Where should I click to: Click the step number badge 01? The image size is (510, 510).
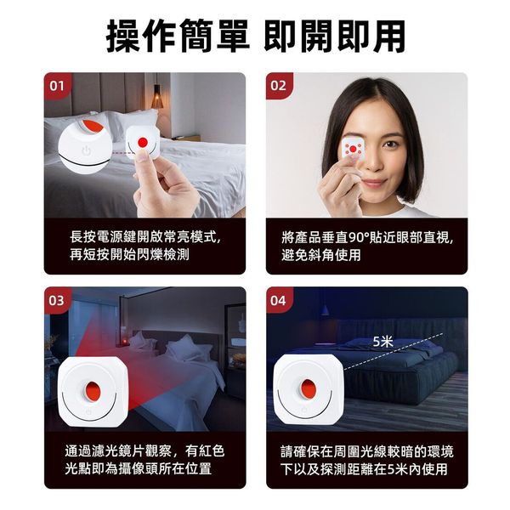click(57, 86)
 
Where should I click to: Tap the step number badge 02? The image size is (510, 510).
click(278, 86)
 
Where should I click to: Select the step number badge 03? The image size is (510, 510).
click(56, 301)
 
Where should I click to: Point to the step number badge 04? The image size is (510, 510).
click(278, 301)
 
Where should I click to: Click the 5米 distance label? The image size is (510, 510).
click(383, 342)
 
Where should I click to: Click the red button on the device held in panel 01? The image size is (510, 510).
click(143, 142)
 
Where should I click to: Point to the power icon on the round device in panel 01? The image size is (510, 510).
click(86, 151)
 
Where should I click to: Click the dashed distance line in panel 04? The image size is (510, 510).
click(393, 351)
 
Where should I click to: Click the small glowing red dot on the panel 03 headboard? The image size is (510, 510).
click(125, 342)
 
